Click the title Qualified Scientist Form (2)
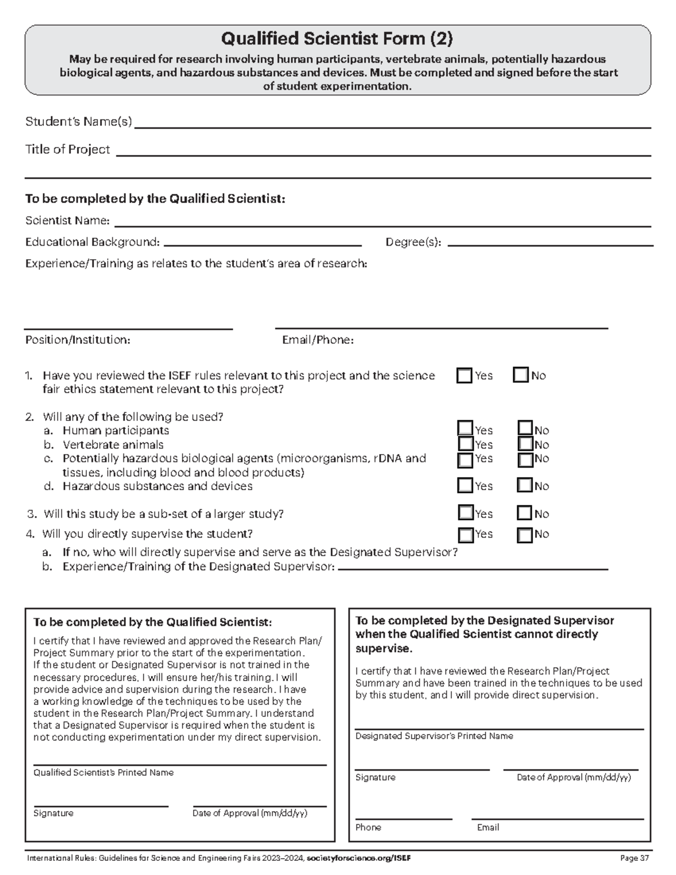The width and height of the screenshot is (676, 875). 337,39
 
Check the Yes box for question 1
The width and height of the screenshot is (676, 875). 465,376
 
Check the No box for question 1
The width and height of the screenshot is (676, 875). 521,375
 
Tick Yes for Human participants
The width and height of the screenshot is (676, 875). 465,429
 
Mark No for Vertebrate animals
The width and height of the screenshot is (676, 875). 525,444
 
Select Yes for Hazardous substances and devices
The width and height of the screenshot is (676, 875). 465,485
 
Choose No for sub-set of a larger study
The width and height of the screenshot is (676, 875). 524,513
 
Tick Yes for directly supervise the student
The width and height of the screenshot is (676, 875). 465,534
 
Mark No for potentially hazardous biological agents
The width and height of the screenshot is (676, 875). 525,460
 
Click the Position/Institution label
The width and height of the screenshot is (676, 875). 78,340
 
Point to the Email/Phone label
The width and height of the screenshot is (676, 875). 318,340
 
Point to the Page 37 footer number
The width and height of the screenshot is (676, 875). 634,858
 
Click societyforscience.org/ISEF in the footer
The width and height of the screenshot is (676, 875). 359,858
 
